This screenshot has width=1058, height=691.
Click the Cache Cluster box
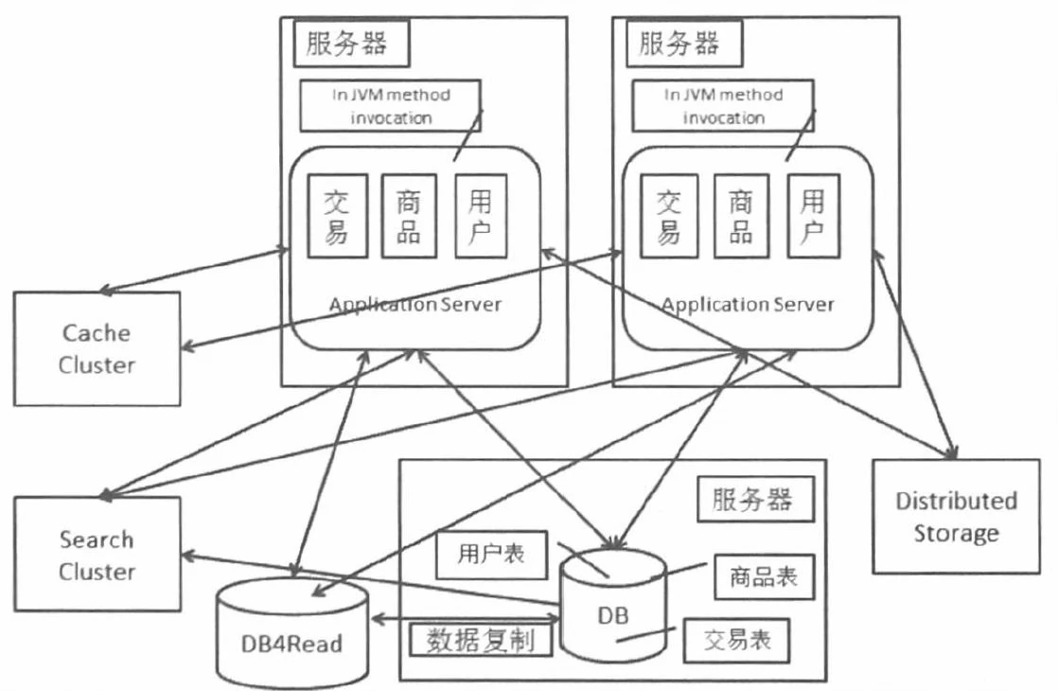pos(97,348)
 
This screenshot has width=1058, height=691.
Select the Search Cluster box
pos(97,556)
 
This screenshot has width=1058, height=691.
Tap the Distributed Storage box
pos(956,516)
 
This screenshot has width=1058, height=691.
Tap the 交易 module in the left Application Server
pos(336,215)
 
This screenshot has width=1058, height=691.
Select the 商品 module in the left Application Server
pos(409,215)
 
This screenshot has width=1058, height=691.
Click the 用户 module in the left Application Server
pos(481,215)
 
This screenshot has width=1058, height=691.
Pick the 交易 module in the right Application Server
pos(668,215)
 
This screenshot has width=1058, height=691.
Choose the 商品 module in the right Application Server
pos(741,215)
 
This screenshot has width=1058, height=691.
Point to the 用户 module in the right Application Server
pos(813,215)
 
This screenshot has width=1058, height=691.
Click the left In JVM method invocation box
pos(390,106)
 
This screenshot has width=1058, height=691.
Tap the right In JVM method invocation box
pos(723,106)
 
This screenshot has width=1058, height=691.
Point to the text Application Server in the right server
pos(748,305)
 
